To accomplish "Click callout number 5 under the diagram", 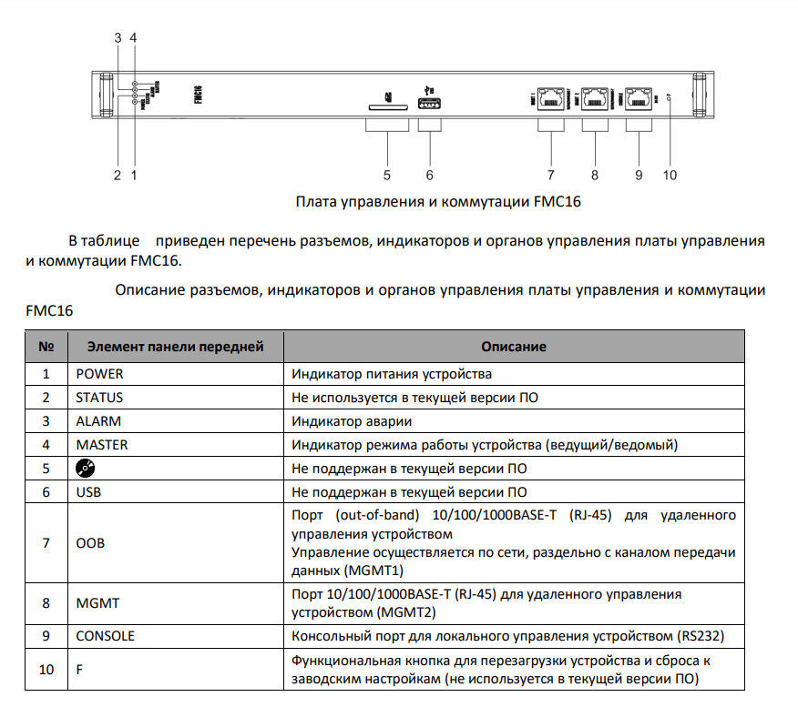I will tap(386, 175).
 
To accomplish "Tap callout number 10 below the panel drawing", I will tap(670, 175).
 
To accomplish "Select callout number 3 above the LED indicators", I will tap(118, 37).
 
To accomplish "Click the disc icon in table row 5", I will tap(86, 469).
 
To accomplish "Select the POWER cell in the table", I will tap(99, 374).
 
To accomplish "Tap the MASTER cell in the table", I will tap(102, 445).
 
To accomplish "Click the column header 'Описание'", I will tap(514, 347).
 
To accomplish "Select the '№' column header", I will tap(46, 347).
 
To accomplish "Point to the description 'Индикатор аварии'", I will tap(352, 421).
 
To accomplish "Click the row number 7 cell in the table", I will tap(46, 543).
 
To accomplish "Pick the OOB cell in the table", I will tap(90, 543).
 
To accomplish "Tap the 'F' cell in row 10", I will tap(79, 670).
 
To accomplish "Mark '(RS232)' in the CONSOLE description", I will tap(705, 635).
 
